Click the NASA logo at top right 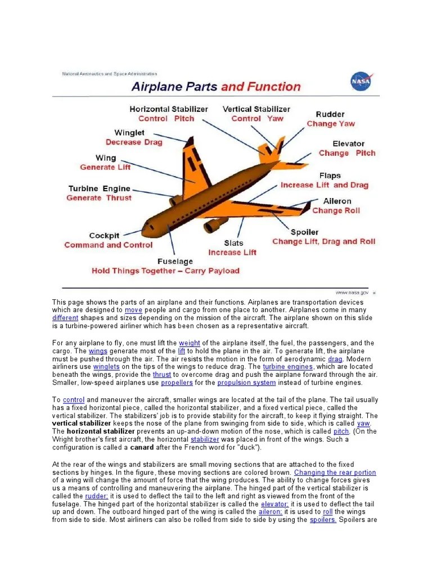point(360,82)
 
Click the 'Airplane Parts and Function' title point(216,87)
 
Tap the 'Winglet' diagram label point(129,133)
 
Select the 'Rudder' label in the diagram point(330,114)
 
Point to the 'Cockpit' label point(104,236)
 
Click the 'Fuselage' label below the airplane point(175,262)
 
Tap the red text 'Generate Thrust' point(99,198)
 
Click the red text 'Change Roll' point(336,210)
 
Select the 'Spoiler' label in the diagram point(304,232)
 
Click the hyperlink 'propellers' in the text point(177,382)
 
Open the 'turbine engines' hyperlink point(287,367)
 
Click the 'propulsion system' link point(247,382)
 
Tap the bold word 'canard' point(142,448)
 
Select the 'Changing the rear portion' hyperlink point(335,472)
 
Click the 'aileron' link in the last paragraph point(270,512)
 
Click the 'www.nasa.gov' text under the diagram point(352,292)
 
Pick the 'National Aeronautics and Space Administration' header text point(110,74)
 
